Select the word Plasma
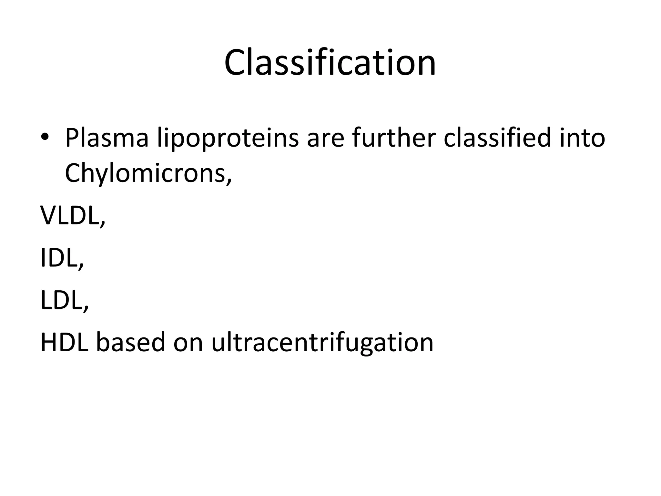107,138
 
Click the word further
394,138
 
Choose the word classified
497,138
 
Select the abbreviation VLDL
69,216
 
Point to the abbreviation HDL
64,342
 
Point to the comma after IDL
81,267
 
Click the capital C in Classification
237,63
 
